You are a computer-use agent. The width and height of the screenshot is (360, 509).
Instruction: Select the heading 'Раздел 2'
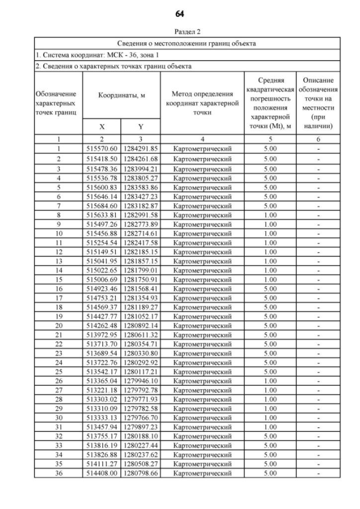179,32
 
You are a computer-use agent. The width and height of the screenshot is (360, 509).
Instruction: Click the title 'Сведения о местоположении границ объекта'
187,43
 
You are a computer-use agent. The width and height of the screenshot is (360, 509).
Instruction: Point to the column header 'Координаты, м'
121,96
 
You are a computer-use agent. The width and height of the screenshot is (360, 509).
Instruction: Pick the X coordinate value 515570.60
102,148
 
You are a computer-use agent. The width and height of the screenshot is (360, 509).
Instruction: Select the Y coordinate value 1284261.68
141,159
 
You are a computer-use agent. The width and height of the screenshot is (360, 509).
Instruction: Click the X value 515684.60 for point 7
102,206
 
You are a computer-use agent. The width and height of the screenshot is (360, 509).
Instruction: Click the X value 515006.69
102,279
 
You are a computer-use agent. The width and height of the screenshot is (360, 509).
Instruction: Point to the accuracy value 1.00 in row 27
270,390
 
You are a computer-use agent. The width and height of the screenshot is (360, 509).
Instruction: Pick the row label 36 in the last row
58,473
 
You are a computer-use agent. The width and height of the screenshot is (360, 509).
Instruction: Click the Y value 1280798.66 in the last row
141,473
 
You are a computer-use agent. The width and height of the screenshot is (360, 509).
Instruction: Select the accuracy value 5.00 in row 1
270,148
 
